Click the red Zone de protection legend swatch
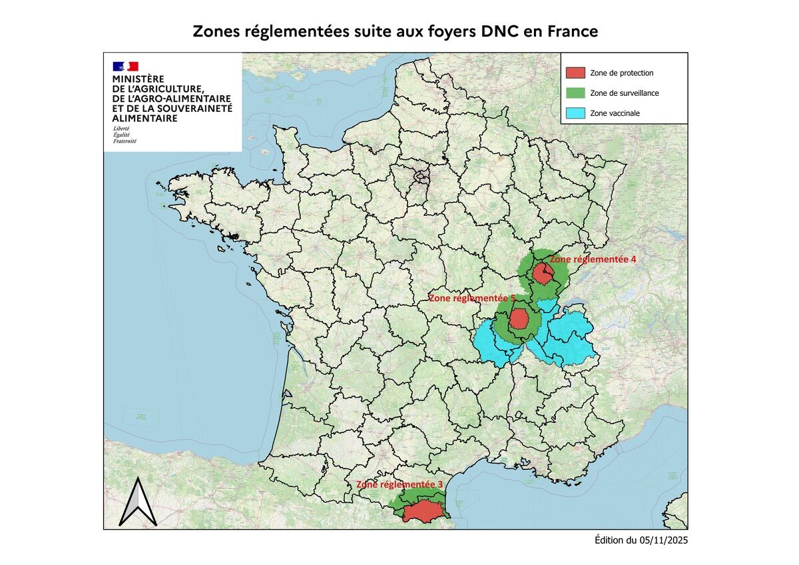pos(575,73)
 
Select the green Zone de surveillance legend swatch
pos(575,93)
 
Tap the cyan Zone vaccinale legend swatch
pos(575,113)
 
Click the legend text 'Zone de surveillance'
pos(624,93)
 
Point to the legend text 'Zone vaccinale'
pos(615,113)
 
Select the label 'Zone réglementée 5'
pos(472,298)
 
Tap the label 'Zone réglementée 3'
pos(400,484)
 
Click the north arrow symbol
pos(138,502)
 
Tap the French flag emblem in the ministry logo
pos(125,66)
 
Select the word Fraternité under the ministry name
pos(125,141)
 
